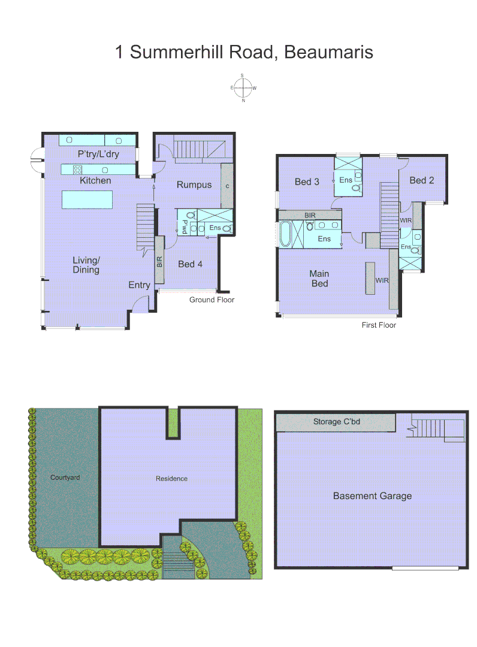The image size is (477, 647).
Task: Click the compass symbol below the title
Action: click(x=243, y=88)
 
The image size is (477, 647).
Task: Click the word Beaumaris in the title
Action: click(x=328, y=52)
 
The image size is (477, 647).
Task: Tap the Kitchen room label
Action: click(x=95, y=180)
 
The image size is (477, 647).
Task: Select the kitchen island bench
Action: click(x=87, y=199)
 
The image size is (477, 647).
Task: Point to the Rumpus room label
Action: click(x=194, y=185)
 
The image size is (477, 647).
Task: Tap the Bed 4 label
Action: click(x=190, y=264)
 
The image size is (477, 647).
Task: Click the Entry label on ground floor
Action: click(x=139, y=285)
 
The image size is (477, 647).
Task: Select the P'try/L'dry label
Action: click(x=98, y=154)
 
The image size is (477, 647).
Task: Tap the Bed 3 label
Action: click(x=306, y=182)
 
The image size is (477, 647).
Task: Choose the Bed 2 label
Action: click(x=421, y=180)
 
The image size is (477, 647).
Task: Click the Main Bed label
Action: click(x=319, y=279)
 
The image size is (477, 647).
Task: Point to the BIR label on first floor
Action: click(x=310, y=214)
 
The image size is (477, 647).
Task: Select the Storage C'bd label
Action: click(x=336, y=422)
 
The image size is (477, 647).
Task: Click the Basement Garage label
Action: click(x=372, y=495)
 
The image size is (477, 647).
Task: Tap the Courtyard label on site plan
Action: click(x=65, y=477)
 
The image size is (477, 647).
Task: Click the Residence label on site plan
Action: click(x=171, y=478)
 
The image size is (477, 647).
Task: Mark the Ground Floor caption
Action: click(x=212, y=300)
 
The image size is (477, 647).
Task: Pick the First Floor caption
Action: click(x=379, y=325)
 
